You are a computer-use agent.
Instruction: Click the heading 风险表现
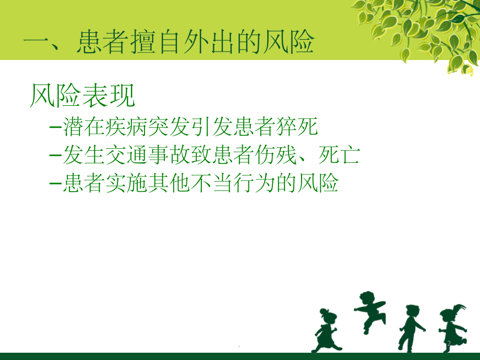82,95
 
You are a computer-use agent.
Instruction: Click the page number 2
449,343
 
